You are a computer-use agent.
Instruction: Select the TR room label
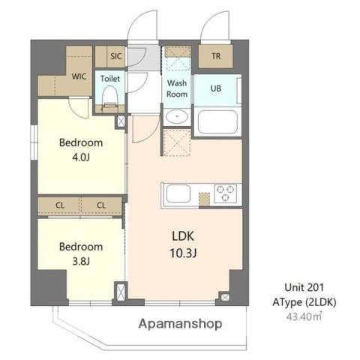[x=216, y=56]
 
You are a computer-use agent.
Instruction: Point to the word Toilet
[x=110, y=77]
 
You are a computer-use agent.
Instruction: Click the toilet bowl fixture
[x=110, y=96]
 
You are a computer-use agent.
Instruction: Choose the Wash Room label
[x=177, y=88]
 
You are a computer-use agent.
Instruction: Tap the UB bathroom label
[x=216, y=88]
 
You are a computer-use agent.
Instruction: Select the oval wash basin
[x=177, y=117]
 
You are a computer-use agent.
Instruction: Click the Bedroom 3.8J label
[x=81, y=253]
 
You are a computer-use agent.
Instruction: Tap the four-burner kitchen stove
[x=225, y=193]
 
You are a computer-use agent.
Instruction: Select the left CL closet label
[x=60, y=205]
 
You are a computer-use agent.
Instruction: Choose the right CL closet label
[x=100, y=205]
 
